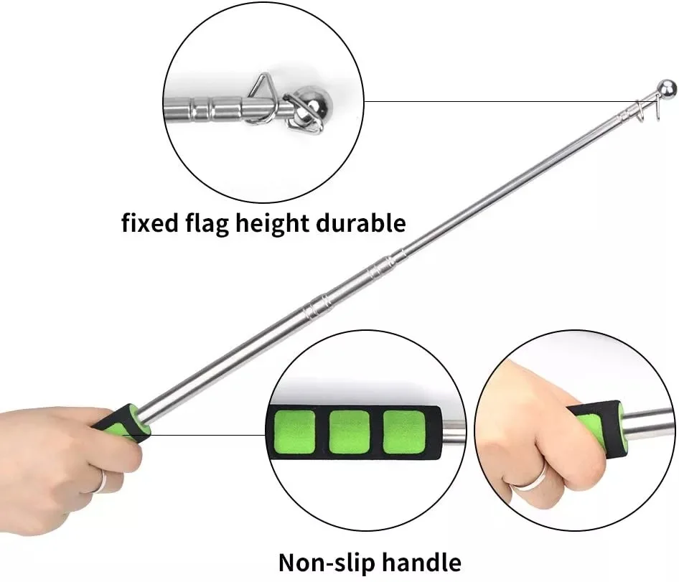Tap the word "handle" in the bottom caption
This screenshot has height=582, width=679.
(421, 562)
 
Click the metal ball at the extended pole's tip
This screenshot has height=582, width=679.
(667, 89)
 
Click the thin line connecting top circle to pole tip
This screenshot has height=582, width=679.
(502, 100)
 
